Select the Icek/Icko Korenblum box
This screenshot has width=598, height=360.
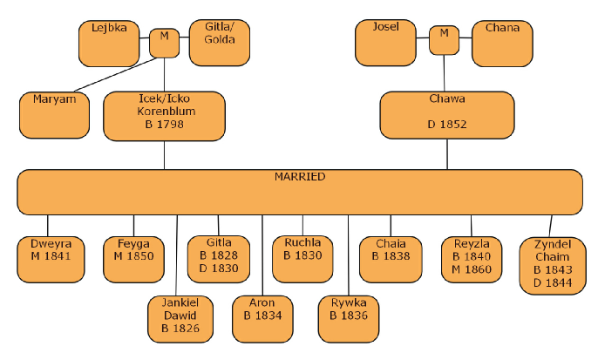164,116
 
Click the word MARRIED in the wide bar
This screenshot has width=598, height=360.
300,177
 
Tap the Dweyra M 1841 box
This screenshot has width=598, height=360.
49,258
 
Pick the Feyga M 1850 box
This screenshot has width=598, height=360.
133,258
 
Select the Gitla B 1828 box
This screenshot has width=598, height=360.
219,258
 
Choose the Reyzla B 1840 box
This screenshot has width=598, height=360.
472,258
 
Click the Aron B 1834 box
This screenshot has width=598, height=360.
262,319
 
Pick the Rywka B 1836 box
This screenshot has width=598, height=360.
349,319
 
